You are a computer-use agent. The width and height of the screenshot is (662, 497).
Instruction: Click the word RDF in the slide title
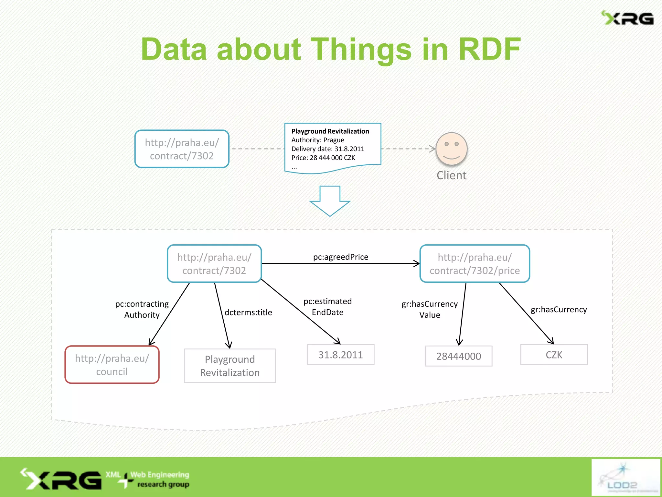(489, 49)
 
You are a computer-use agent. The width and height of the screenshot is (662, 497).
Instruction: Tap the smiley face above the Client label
(451, 149)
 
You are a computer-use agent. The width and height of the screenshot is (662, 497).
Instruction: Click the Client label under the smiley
(451, 175)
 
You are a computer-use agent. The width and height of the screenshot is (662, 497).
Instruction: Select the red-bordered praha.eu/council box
(112, 365)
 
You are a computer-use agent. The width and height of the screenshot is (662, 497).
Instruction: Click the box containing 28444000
(458, 356)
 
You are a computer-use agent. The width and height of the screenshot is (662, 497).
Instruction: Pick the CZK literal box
(554, 355)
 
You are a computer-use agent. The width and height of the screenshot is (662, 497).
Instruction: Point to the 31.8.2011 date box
(340, 355)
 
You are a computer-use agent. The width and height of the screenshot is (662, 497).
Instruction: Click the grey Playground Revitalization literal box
(230, 366)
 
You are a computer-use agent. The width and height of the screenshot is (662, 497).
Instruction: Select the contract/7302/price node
(475, 264)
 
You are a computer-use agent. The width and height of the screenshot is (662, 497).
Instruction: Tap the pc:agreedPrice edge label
(340, 257)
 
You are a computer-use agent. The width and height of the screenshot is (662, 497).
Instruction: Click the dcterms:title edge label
(248, 312)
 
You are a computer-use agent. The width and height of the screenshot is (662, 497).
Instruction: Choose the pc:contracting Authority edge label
(142, 309)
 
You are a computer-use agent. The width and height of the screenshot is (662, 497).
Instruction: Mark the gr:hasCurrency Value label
(430, 309)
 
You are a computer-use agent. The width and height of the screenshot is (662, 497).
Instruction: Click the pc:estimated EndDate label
(327, 307)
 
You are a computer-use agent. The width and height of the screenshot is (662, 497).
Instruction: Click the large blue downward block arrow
(330, 201)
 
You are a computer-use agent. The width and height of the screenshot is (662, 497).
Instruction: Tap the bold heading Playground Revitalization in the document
(330, 131)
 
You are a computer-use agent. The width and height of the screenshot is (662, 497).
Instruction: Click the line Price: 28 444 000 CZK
(323, 158)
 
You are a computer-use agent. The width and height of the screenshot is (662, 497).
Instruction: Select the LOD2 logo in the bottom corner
(625, 477)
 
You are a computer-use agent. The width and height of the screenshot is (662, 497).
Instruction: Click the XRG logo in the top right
(627, 18)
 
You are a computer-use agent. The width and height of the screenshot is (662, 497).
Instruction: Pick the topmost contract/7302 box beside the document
(182, 149)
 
